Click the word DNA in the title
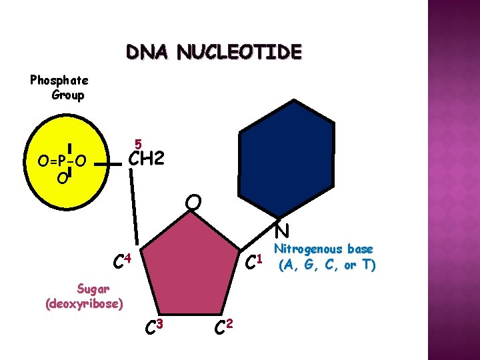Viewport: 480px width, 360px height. coord(147,52)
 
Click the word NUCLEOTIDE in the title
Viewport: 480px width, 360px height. coord(239,52)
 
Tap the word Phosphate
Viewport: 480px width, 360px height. coord(59,80)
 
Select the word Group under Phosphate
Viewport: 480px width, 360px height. coord(67,95)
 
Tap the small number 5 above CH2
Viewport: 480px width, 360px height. coord(137,144)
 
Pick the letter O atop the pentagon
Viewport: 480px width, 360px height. coord(193,201)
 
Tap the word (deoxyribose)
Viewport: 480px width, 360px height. coord(84,304)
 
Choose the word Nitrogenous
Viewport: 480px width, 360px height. coord(323,249)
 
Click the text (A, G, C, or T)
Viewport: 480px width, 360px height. coord(327,265)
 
